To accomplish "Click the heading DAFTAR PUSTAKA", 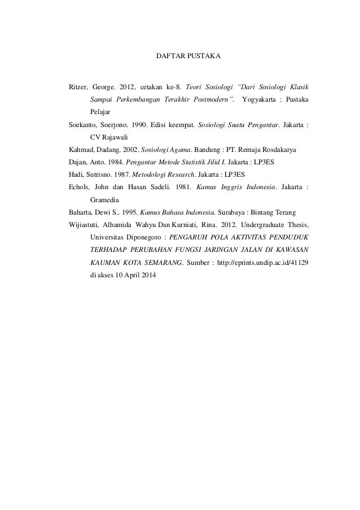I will [188, 57].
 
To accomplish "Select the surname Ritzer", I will [78, 88].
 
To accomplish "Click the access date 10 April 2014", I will [135, 276].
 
